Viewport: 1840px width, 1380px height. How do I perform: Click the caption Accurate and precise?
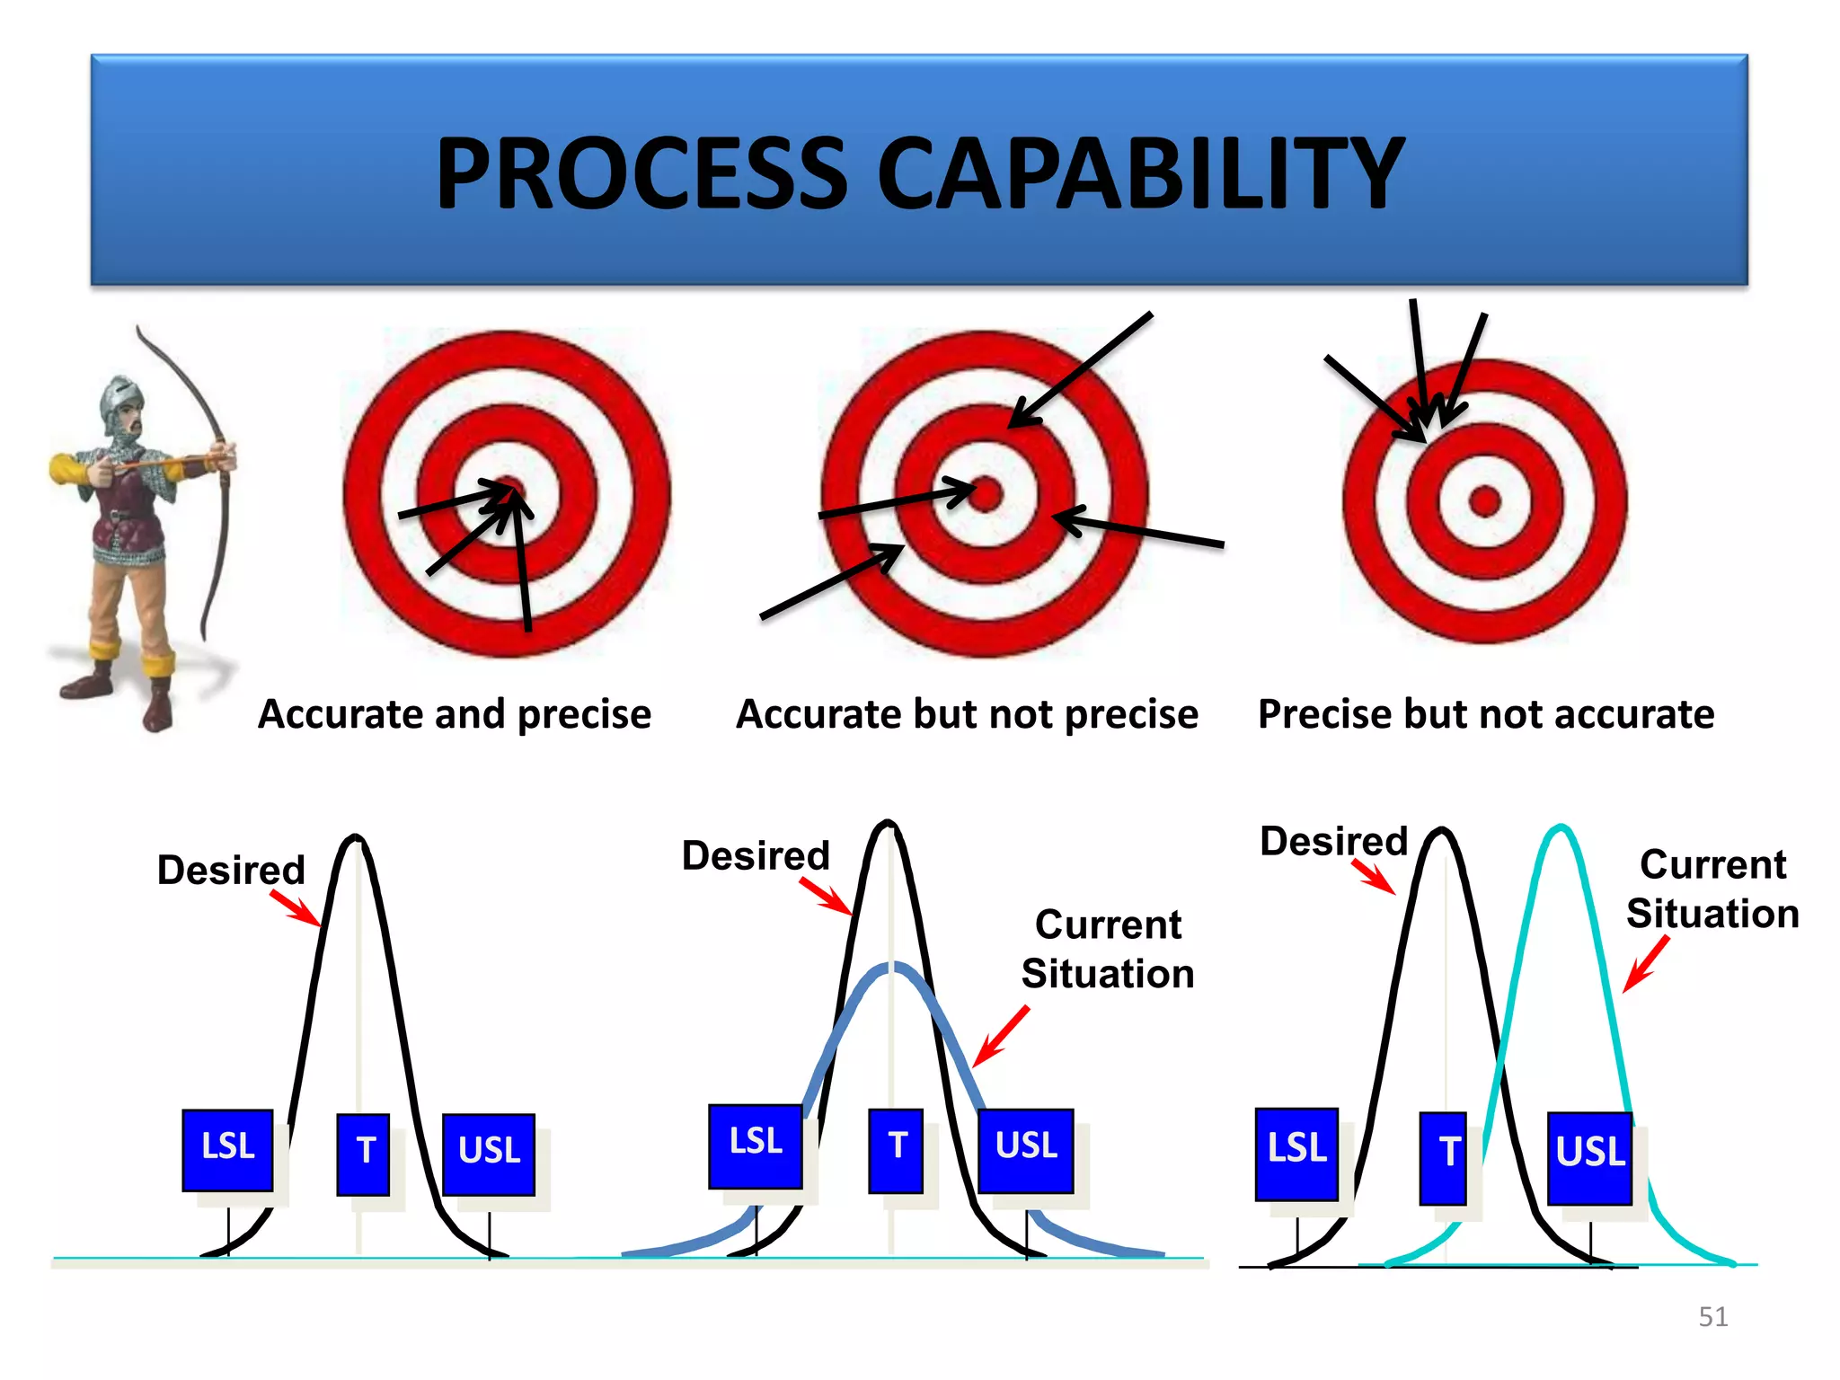(455, 715)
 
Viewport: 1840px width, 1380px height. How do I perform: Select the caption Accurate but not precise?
(967, 715)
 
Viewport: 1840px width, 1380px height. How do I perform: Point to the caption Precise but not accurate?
(1486, 715)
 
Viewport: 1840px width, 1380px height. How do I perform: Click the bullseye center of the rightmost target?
(1484, 500)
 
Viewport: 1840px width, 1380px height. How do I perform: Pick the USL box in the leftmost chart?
(489, 1154)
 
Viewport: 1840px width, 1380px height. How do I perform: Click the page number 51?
(1712, 1317)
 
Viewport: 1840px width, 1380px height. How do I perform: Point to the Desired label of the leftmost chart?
(231, 870)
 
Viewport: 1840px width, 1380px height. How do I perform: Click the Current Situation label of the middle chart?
(1108, 949)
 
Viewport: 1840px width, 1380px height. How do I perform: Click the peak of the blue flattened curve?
(891, 968)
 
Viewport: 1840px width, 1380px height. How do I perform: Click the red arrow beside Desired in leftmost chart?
(295, 907)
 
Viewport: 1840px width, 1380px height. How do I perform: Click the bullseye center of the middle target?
(986, 494)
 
